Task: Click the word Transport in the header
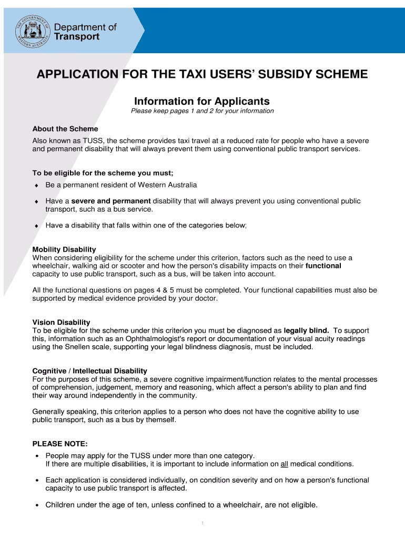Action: [x=77, y=37]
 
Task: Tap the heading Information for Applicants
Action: [x=202, y=101]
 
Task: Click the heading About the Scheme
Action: [x=65, y=129]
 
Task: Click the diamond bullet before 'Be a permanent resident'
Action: [x=36, y=185]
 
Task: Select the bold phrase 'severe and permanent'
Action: [x=111, y=201]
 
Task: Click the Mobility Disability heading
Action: [x=64, y=249]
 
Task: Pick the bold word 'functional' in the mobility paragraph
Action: [x=323, y=266]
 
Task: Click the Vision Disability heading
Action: [x=61, y=322]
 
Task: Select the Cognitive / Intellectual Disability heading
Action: [x=90, y=371]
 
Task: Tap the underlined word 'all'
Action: [x=284, y=464]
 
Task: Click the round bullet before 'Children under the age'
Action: [x=36, y=505]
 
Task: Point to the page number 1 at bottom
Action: [x=202, y=523]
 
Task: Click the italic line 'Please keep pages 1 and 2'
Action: [x=202, y=111]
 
